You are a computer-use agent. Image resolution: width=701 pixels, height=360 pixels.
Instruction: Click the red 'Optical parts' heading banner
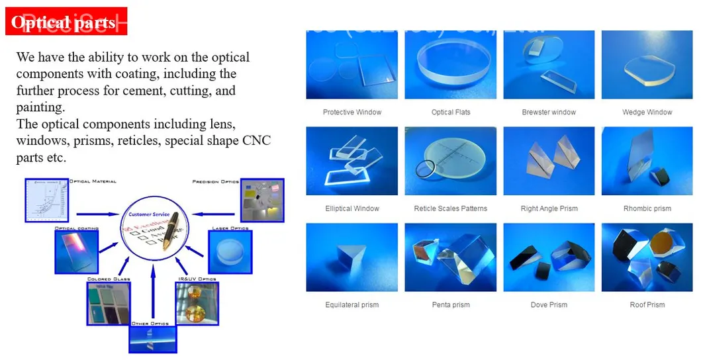point(66,22)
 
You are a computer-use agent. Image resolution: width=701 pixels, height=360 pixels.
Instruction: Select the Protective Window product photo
point(351,65)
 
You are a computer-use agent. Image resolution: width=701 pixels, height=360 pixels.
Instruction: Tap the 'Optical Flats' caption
point(451,112)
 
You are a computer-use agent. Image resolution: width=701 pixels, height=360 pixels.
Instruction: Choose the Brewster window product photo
point(549,65)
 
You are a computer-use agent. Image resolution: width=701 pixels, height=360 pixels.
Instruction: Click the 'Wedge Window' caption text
point(647,112)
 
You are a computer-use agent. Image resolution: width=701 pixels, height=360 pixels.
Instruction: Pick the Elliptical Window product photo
point(351,161)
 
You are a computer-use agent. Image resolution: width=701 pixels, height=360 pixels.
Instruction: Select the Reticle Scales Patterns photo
point(451,161)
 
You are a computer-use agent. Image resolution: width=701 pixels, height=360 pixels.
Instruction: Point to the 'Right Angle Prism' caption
point(549,208)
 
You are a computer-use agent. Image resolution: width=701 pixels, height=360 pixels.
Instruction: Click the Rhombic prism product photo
point(647,161)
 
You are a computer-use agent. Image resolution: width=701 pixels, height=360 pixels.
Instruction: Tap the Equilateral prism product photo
point(351,257)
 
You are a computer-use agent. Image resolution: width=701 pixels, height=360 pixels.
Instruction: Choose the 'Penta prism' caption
point(451,305)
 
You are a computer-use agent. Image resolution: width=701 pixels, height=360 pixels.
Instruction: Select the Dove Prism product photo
point(549,257)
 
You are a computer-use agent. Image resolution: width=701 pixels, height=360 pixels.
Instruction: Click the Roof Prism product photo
point(647,257)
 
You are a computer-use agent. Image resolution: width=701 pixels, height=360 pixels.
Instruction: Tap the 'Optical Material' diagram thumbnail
point(46,199)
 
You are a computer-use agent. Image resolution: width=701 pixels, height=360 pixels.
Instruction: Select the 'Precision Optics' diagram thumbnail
point(262,199)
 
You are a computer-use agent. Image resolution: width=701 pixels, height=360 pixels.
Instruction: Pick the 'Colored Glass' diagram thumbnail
point(109,303)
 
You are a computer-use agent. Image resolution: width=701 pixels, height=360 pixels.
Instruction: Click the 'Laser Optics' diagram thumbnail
point(230,252)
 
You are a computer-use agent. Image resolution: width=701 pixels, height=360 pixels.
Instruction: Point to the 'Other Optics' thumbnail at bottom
point(152,339)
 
